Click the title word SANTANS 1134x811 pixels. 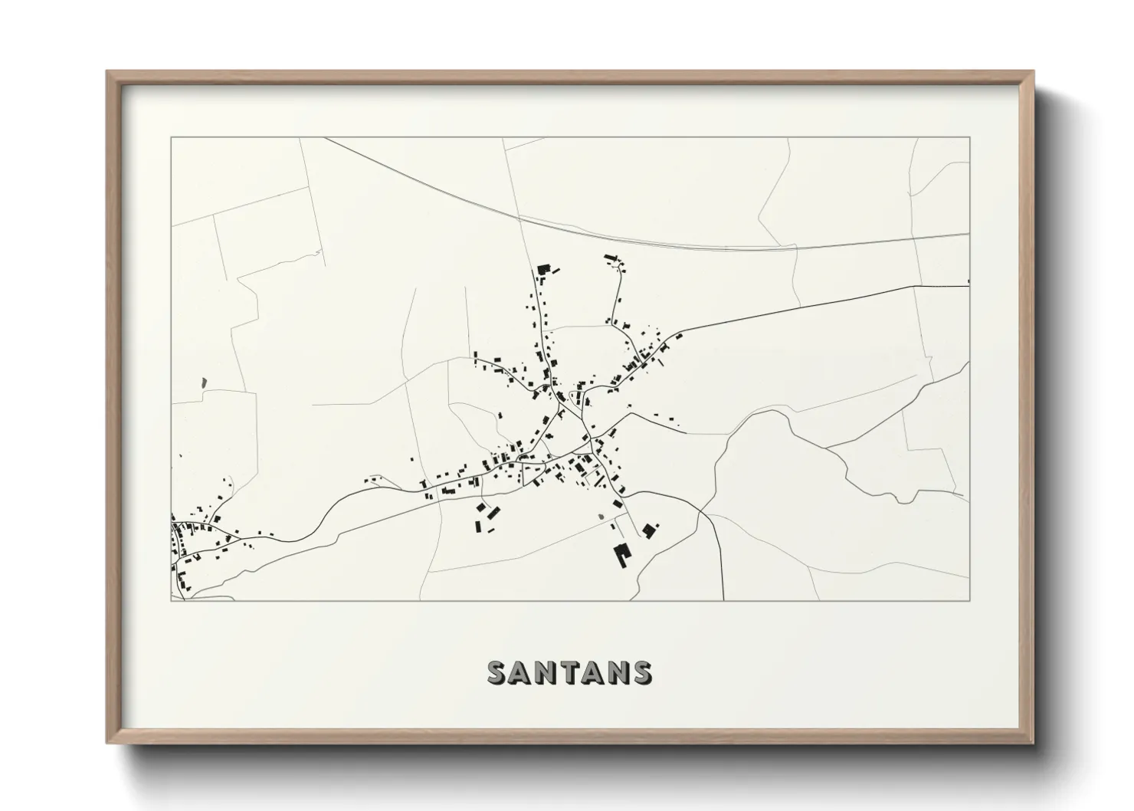point(570,672)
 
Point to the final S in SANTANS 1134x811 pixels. point(642,672)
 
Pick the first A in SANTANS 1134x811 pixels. point(521,672)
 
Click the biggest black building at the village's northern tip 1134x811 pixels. point(545,269)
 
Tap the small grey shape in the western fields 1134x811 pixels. point(204,381)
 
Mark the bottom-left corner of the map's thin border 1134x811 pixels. point(172,600)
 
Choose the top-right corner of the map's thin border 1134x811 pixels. point(969,138)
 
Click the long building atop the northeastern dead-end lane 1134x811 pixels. point(611,258)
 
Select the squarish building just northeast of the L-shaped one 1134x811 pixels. point(648,529)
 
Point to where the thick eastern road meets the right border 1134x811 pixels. point(968,284)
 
